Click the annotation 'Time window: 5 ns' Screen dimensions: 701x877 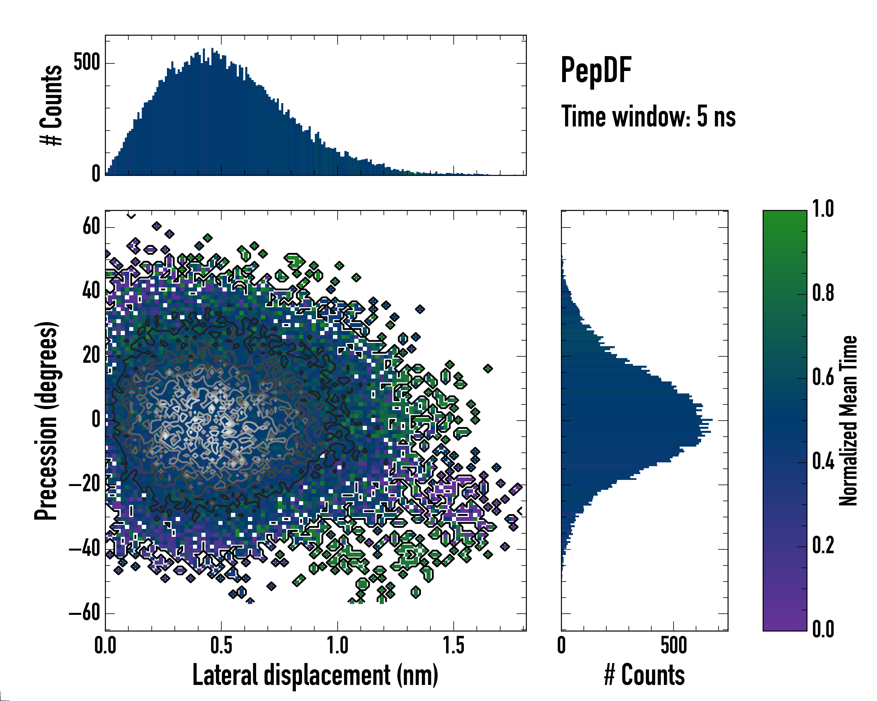648,117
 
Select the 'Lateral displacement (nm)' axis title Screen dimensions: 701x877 315,675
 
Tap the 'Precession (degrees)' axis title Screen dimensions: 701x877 46,421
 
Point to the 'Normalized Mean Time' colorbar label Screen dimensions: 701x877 848,421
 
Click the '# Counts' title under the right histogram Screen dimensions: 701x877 644,675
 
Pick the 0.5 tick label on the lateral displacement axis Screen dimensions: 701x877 221,646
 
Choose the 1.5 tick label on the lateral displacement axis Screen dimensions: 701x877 453,646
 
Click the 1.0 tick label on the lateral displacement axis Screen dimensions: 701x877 337,646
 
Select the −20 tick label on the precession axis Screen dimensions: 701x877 84,484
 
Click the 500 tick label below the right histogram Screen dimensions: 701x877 674,646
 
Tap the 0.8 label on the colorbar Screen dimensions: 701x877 823,294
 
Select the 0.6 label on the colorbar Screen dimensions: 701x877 823,378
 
